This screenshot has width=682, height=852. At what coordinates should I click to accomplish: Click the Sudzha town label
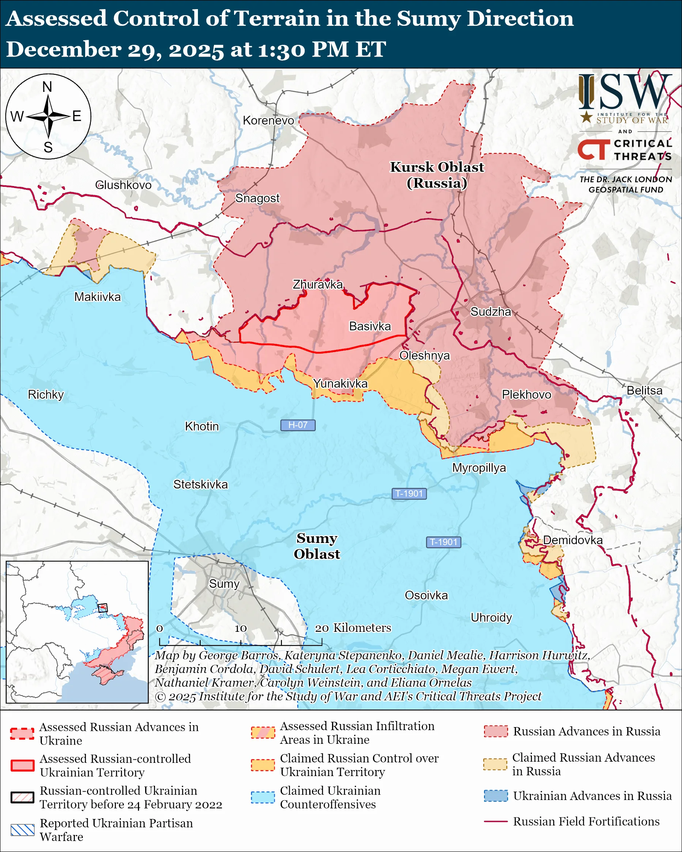[490, 312]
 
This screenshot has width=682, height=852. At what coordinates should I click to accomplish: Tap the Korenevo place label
[269, 120]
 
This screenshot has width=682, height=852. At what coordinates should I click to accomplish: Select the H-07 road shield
[298, 425]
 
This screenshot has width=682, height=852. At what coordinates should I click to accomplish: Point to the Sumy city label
[224, 584]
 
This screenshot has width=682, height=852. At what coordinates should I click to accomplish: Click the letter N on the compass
[47, 87]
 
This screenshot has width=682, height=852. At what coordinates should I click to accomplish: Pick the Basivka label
[370, 326]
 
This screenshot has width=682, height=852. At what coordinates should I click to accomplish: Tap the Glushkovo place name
[123, 185]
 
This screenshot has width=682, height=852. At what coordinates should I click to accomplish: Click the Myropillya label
[479, 468]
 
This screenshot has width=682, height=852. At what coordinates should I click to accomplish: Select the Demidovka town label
[573, 540]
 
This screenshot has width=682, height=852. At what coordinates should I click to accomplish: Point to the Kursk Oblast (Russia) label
[437, 175]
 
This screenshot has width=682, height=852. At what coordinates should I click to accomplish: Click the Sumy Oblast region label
[317, 546]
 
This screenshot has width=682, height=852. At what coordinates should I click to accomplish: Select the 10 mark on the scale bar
[241, 628]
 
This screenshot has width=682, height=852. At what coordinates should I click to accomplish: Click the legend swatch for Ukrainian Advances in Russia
[496, 796]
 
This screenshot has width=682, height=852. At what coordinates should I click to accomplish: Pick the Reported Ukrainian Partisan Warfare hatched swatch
[22, 830]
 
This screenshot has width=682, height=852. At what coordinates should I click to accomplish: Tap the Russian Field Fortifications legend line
[496, 822]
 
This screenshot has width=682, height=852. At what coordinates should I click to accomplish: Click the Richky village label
[46, 394]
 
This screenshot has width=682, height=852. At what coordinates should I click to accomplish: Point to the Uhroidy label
[491, 617]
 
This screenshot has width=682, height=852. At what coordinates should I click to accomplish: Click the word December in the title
[63, 50]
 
